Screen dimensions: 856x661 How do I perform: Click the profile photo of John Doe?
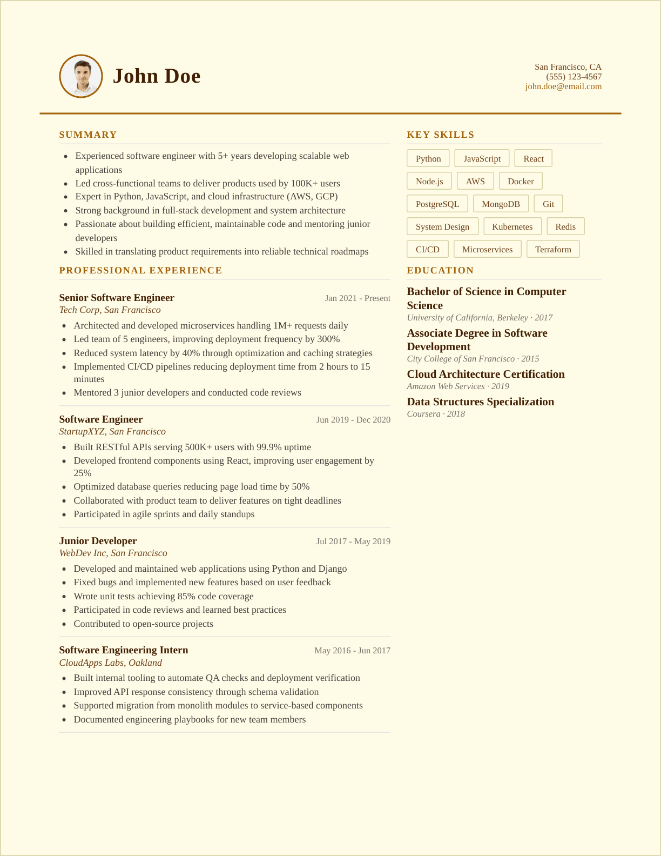point(81,76)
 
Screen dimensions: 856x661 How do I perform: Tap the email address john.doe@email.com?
point(563,86)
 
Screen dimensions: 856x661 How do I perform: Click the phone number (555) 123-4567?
point(574,77)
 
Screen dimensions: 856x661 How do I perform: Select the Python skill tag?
point(428,158)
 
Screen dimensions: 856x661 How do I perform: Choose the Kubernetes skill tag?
point(512,226)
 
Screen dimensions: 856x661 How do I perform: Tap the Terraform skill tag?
point(553,249)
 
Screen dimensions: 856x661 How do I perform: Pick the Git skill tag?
point(548,204)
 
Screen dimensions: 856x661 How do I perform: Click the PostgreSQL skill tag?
point(437,204)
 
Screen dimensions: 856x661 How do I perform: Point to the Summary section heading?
point(88,135)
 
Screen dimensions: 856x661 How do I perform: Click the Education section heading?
point(440,270)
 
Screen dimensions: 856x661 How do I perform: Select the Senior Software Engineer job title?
point(117,298)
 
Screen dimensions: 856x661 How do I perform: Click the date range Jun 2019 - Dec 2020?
point(353,420)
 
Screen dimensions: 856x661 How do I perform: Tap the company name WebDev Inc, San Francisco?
point(113,553)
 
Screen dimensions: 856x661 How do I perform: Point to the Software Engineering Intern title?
point(124,650)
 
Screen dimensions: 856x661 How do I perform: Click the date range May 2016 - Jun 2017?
point(352,651)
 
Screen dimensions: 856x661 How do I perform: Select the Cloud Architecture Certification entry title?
point(485,374)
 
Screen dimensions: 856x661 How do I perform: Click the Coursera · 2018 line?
point(436,414)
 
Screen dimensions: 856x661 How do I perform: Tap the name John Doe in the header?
point(157,76)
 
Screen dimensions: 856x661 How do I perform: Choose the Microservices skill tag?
point(487,249)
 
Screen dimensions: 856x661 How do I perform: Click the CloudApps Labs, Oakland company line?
point(110,663)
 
